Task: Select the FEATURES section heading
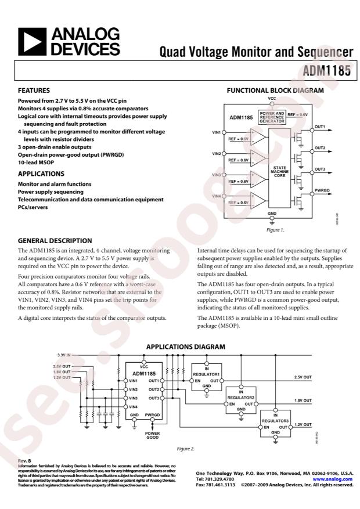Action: tap(34, 91)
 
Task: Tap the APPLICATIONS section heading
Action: tap(41, 174)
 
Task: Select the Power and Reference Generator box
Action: tap(272, 116)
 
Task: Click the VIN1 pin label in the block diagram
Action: tap(216, 133)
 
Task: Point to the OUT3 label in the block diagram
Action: tap(319, 169)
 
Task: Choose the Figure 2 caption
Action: tap(185, 449)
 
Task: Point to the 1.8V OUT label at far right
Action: tap(303, 400)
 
